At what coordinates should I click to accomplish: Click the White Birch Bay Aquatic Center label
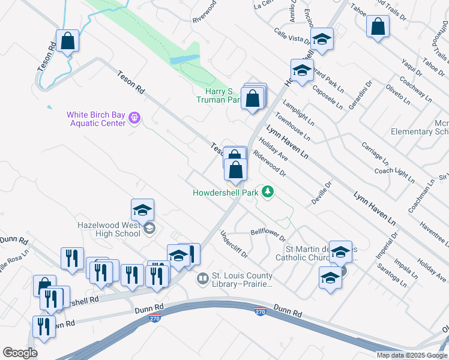(96, 118)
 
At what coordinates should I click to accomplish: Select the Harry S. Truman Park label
(219, 95)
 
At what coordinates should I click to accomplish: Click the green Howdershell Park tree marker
(268, 192)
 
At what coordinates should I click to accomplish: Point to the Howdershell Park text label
(225, 193)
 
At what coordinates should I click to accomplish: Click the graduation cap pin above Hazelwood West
(143, 210)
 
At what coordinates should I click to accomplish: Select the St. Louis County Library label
(241, 280)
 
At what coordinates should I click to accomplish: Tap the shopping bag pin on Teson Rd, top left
(68, 41)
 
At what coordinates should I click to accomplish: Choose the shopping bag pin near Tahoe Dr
(378, 26)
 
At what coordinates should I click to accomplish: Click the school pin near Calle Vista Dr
(322, 40)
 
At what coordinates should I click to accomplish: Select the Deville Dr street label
(321, 194)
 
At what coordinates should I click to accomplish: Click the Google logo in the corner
(20, 353)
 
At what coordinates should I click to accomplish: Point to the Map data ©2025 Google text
(412, 355)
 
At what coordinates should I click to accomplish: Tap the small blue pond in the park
(184, 60)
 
